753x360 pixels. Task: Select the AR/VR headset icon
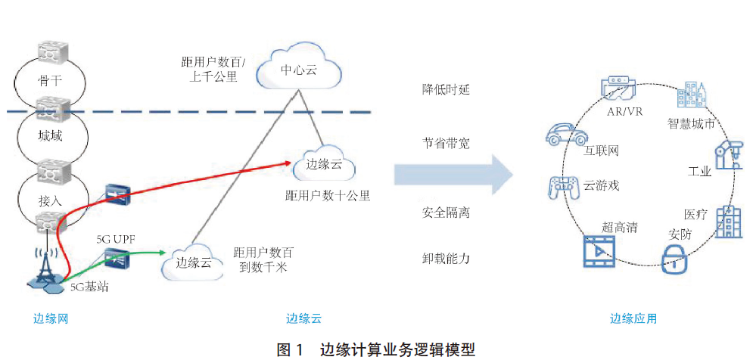click(618, 88)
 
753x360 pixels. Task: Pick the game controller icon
click(563, 185)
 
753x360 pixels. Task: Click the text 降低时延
click(446, 89)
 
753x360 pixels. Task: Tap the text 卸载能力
click(446, 259)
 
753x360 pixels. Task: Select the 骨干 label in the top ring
click(50, 81)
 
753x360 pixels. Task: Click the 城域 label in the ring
click(50, 136)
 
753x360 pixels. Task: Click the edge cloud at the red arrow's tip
click(324, 164)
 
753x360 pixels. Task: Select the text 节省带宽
click(446, 143)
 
